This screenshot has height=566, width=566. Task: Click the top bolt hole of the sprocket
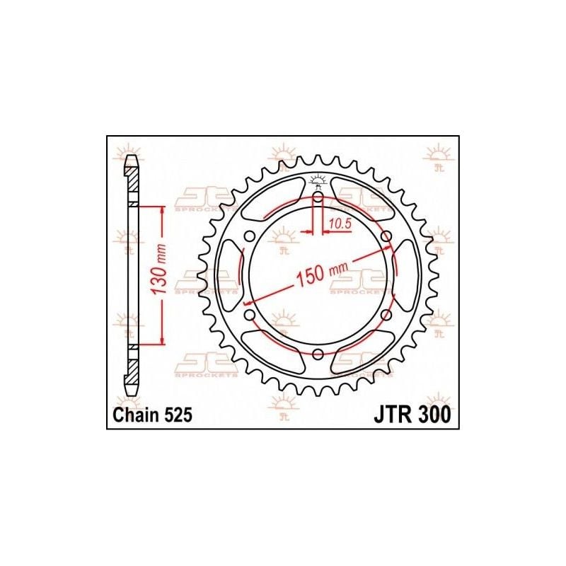pos(318,197)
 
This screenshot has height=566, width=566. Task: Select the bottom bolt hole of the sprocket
pos(318,353)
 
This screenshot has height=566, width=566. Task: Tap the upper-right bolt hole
pos(386,236)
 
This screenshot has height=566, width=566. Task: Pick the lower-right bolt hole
pos(386,314)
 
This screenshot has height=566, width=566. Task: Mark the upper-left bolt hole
pos(250,236)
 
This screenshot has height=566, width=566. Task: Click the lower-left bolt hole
pos(250,314)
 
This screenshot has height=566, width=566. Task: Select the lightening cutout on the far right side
pos(407,275)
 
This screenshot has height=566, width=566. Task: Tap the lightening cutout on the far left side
pos(229,275)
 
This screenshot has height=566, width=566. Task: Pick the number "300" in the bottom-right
pos(433,416)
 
